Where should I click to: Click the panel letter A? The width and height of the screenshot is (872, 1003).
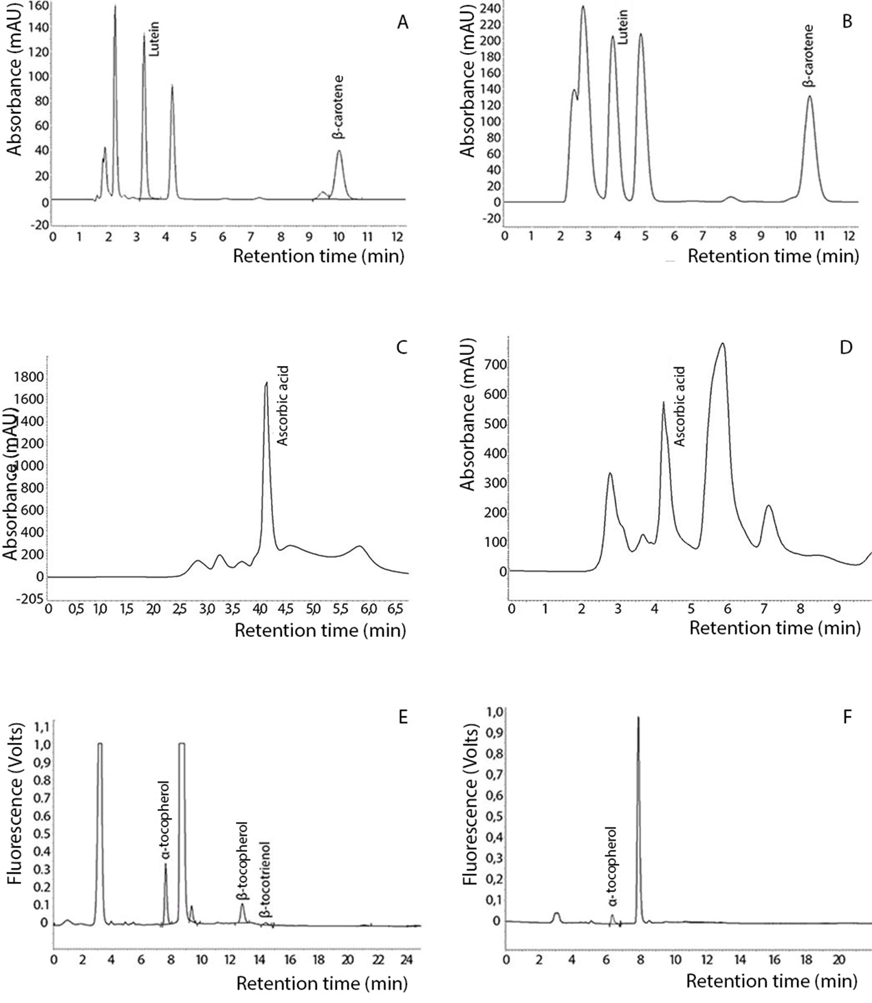403,23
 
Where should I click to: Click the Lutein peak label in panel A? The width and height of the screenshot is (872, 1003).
154,43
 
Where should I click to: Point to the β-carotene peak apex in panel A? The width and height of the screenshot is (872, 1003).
339,151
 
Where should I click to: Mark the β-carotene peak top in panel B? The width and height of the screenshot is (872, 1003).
809,96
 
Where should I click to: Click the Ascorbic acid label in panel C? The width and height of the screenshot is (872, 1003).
282,407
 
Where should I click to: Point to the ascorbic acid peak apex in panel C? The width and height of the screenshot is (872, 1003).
266,382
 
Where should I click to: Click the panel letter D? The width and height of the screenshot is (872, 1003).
847,347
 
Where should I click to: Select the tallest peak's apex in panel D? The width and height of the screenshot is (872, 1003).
722,343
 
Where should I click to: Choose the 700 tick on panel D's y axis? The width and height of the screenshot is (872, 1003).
497,365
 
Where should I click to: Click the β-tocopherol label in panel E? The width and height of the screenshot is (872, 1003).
241,861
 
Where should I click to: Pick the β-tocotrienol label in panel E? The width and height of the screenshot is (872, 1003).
264,879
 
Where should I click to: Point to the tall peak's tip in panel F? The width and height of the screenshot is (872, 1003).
638,718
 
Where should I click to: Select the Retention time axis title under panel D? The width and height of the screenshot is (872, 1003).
774,627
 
